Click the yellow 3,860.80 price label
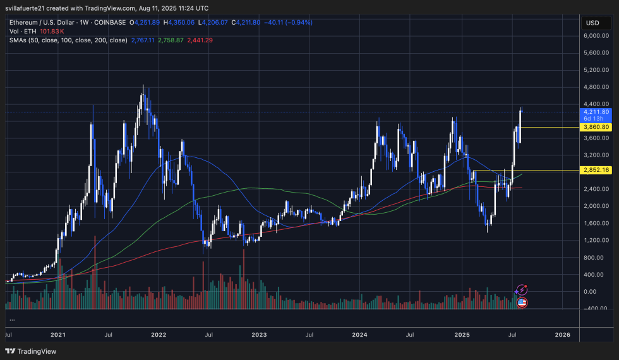(596, 127)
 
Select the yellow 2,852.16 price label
(596, 170)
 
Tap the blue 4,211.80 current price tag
(596, 112)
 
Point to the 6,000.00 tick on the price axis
(596, 36)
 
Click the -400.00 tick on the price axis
(596, 308)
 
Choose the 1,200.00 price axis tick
(596, 240)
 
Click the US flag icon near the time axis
(522, 303)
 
